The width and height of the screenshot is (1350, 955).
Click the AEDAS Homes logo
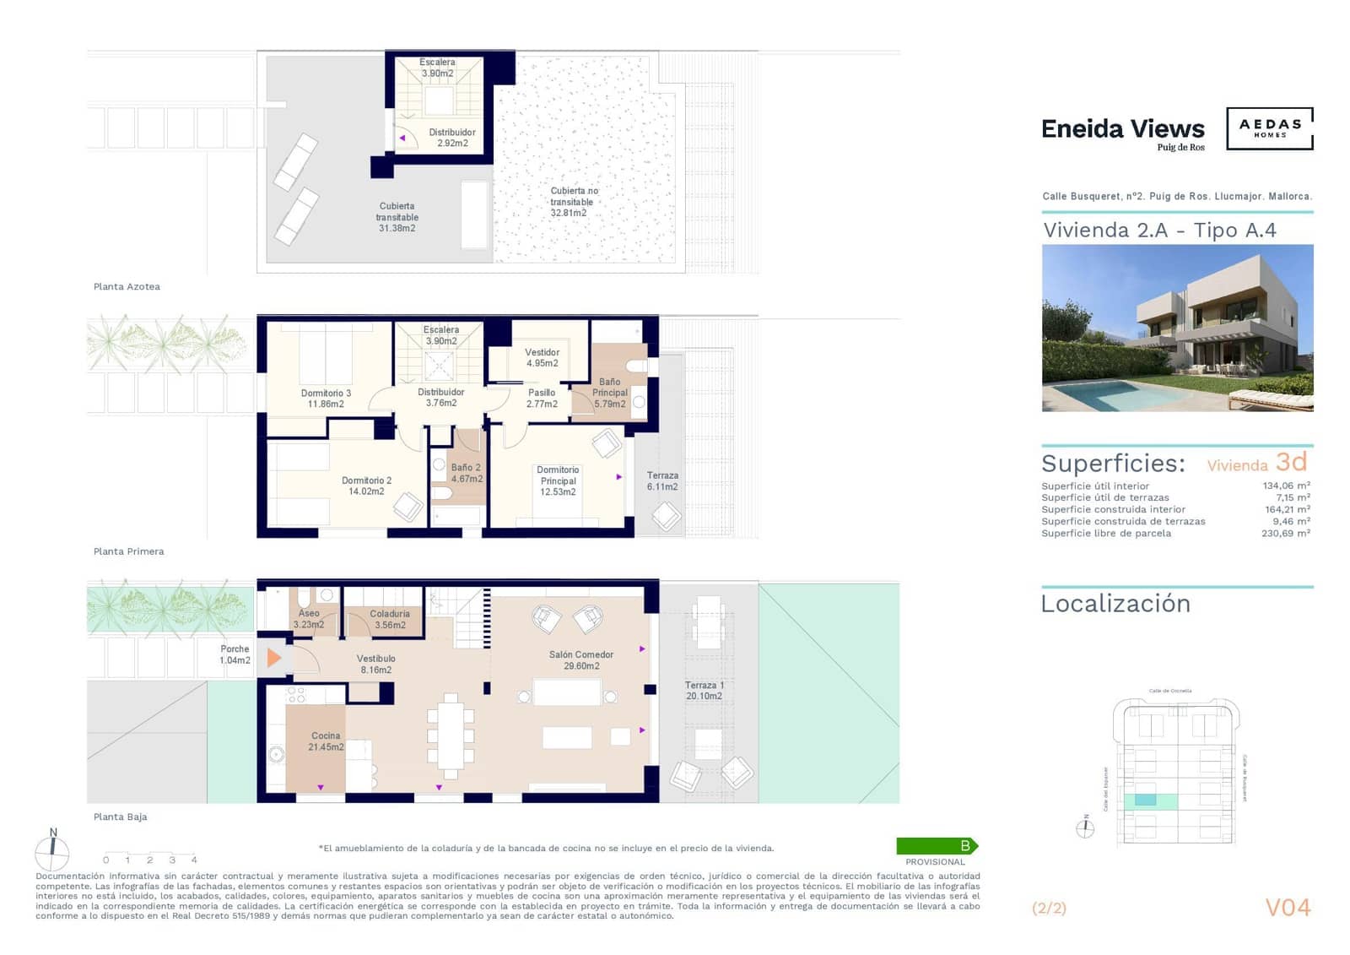pyautogui.click(x=1269, y=128)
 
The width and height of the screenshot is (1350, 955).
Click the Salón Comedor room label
pyautogui.click(x=580, y=660)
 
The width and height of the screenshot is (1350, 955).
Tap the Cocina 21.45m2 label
pyautogui.click(x=326, y=741)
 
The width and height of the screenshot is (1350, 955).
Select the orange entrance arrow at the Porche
pyautogui.click(x=273, y=658)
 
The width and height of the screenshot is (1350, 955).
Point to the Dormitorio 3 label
pyautogui.click(x=326, y=399)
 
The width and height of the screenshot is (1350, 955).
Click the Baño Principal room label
pyautogui.click(x=609, y=393)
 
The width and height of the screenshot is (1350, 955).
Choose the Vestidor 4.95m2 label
pyautogui.click(x=542, y=358)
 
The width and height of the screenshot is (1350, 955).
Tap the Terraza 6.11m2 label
pyautogui.click(x=662, y=481)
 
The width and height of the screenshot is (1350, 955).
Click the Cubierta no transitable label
pyautogui.click(x=573, y=202)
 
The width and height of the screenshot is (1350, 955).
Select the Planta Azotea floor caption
pyautogui.click(x=127, y=287)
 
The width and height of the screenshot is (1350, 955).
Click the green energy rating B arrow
pyautogui.click(x=937, y=846)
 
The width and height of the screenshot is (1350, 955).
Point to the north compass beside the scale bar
pyautogui.click(x=52, y=853)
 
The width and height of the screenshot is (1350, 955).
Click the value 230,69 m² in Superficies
pyautogui.click(x=1285, y=534)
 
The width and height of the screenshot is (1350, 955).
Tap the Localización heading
pyautogui.click(x=1115, y=604)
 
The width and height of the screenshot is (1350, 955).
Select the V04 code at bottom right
pyautogui.click(x=1288, y=908)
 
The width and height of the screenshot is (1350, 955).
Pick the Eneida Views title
pyautogui.click(x=1122, y=129)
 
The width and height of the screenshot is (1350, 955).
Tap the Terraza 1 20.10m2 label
pyautogui.click(x=704, y=691)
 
